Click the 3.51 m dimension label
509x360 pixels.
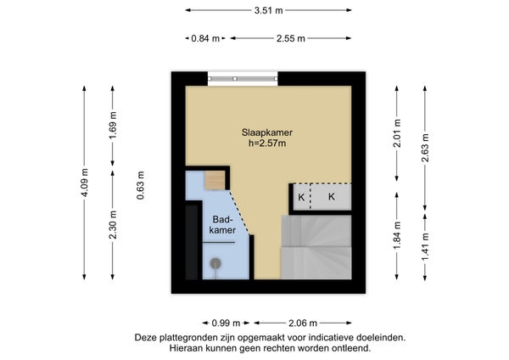[268, 10]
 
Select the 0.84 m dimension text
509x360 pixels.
[205, 38]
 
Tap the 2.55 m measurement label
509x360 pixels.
[291, 38]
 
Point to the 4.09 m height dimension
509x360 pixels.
[84, 183]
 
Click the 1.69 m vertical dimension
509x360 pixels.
[113, 125]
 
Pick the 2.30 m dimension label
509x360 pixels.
[113, 224]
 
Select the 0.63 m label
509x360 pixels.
[140, 185]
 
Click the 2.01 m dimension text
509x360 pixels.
[397, 133]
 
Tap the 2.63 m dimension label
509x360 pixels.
[425, 148]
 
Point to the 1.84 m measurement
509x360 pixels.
[397, 235]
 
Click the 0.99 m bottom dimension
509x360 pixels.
[226, 323]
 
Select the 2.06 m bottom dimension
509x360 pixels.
[303, 323]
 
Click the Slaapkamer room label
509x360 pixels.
[267, 132]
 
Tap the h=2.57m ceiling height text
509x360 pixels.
[267, 143]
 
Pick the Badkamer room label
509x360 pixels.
[222, 224]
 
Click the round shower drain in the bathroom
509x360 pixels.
[215, 263]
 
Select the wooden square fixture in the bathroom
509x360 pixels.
[215, 180]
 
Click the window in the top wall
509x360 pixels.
[243, 79]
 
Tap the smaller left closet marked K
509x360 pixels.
[302, 197]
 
